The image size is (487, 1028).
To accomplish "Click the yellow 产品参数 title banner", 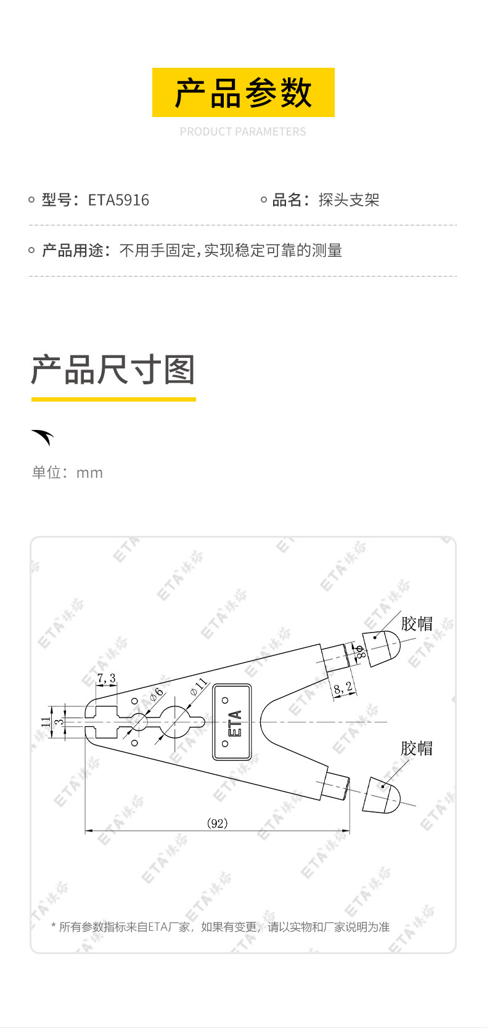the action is pos(243,92).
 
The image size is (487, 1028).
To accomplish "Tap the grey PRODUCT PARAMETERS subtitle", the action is pos(243,132).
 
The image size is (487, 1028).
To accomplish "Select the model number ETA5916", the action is pos(118,200).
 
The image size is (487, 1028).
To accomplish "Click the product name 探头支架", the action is pos(349,200).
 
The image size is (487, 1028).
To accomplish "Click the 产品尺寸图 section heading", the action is pos(113,370).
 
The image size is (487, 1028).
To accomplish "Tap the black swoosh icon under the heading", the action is pos(43,437).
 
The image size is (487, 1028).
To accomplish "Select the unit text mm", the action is pos(89,472).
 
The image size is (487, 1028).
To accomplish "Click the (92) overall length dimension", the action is pos(218,823).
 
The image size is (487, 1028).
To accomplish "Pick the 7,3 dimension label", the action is pos(106,678).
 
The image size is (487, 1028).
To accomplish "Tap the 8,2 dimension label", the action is pos(343,689).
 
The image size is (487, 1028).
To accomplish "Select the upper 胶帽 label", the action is pos(417,624).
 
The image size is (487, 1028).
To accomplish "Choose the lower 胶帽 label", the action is pos(417,748).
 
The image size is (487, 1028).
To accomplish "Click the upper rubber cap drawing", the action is pos(382,649).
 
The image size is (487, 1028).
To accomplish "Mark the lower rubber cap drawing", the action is pos(382,795).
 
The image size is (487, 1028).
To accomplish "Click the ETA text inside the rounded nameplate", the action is pos(235,723).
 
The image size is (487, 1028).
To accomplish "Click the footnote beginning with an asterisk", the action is pos(221,927).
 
